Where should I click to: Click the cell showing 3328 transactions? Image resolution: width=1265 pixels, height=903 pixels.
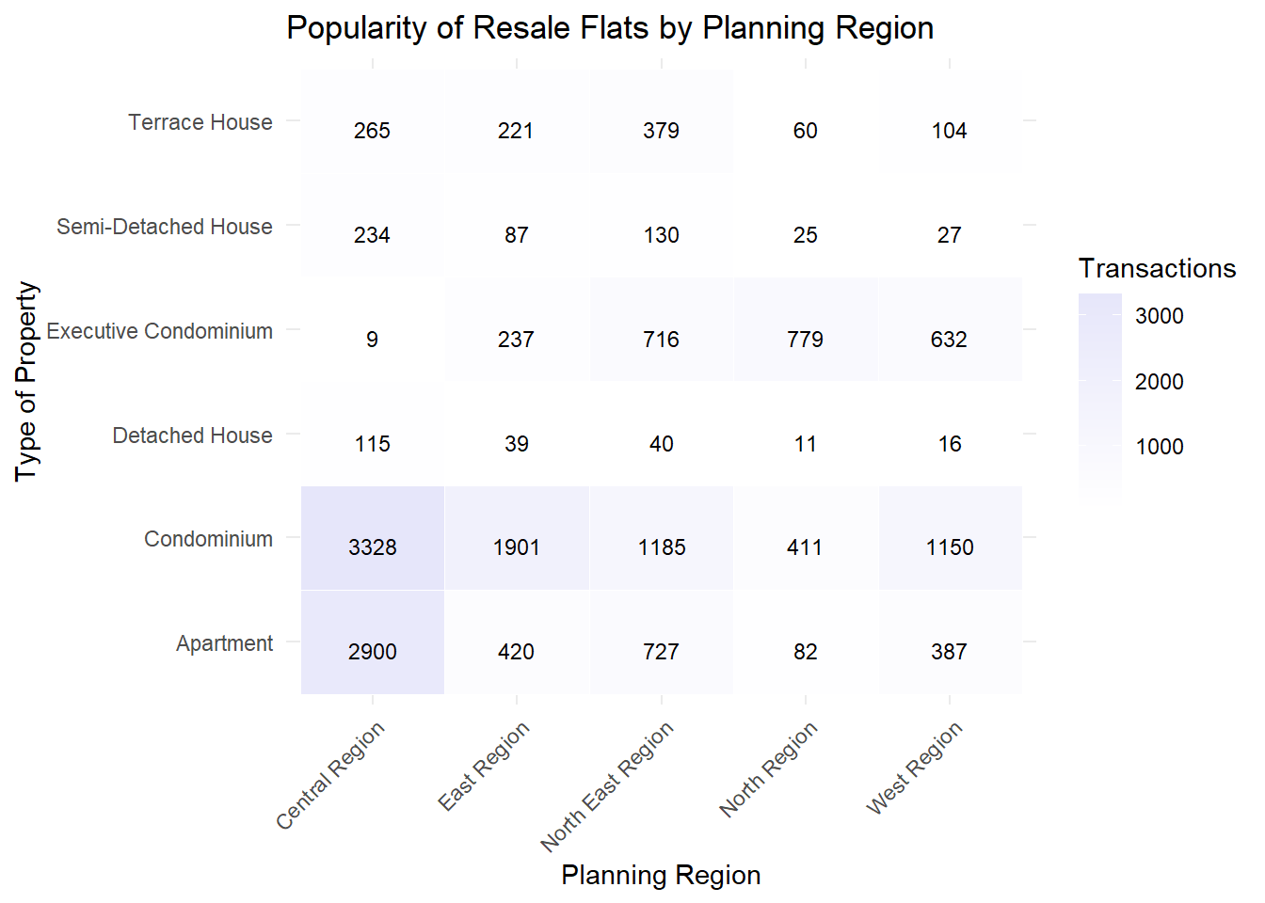point(373,547)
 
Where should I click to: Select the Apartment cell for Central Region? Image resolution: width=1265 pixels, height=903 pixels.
point(373,651)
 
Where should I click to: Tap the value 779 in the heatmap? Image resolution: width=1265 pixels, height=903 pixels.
point(805,340)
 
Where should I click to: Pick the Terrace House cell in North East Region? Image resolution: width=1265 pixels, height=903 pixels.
point(661,131)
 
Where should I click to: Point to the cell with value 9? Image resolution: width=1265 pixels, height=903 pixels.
point(373,340)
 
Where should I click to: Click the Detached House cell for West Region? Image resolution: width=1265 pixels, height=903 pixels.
point(949,444)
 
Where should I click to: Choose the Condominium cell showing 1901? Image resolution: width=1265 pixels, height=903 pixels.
point(517,547)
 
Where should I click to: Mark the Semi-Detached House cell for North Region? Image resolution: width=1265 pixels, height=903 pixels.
point(805,235)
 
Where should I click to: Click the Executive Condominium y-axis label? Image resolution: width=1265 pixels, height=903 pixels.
point(160,331)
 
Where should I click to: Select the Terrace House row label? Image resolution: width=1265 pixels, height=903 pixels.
point(200,122)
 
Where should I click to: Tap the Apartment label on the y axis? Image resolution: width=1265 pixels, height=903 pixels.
point(224,643)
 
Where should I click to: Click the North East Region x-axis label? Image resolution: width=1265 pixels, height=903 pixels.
point(607,785)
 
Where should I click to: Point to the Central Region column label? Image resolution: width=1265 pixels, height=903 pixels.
point(330,775)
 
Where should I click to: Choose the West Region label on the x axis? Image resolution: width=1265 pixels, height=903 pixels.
point(914,768)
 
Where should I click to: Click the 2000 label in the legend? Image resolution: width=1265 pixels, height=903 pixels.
point(1159,381)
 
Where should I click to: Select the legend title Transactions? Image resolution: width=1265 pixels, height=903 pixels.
point(1157,269)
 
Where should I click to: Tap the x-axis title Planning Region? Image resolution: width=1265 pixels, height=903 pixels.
point(661,875)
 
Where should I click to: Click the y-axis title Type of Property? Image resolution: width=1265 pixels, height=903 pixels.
point(26,381)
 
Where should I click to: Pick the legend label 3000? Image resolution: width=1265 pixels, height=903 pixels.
point(1159,316)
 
